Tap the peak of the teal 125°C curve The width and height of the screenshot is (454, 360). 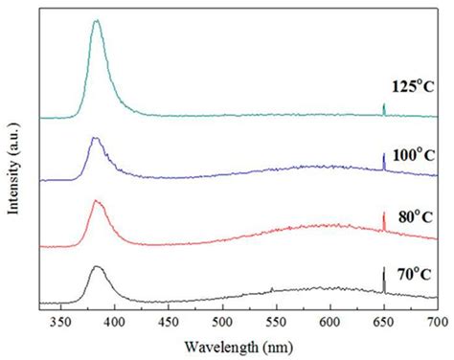pos(96,20)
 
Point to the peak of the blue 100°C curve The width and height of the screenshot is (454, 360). pos(95,139)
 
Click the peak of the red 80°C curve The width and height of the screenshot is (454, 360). pos(96,201)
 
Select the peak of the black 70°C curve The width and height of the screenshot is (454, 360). pos(97,268)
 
